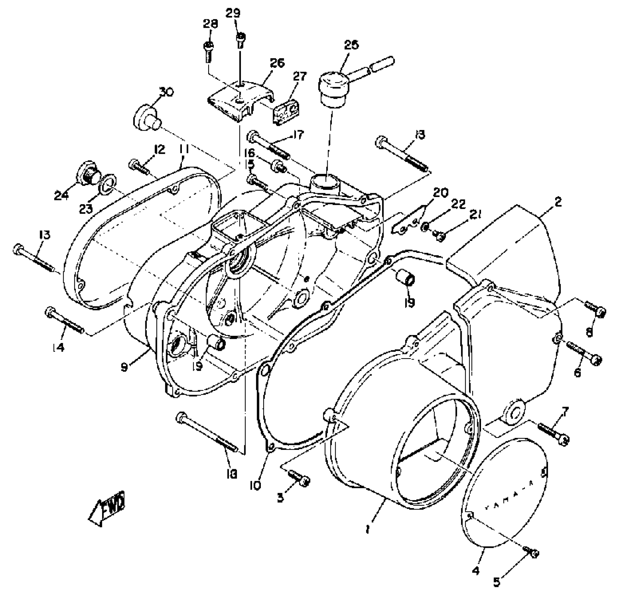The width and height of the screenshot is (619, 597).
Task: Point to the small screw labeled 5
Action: click(531, 552)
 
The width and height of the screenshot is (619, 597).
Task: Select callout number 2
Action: click(558, 202)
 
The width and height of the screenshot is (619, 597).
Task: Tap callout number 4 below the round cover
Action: click(475, 571)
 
